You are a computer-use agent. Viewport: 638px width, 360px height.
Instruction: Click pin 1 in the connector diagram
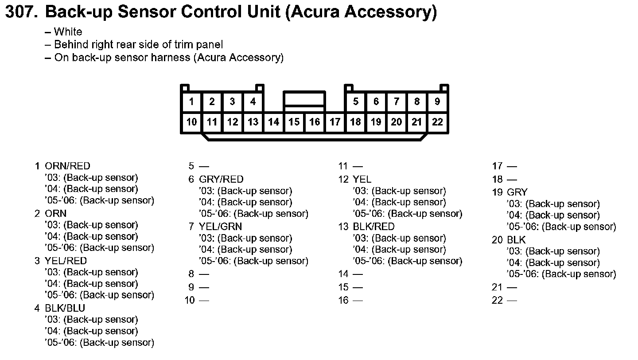191,102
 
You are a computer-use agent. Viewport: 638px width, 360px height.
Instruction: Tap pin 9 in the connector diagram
437,102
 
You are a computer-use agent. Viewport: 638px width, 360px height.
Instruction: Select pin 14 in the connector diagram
274,122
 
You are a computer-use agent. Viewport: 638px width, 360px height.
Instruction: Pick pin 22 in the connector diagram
437,122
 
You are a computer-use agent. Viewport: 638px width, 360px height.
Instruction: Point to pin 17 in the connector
335,122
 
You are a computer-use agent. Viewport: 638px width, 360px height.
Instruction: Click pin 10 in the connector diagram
191,122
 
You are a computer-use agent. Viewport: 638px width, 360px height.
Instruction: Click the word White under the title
68,32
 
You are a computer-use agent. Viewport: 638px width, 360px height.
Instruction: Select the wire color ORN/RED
67,166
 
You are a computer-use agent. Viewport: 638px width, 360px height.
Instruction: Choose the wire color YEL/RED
66,261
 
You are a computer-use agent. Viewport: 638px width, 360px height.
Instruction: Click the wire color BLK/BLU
65,308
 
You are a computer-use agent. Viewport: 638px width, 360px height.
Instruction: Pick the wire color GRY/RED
221,180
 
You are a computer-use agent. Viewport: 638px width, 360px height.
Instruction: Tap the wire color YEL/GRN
220,227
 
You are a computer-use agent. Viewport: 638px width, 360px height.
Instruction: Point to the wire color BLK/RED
373,227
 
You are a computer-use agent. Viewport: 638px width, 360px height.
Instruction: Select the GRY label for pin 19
517,192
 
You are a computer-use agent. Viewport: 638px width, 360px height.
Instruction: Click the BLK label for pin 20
516,240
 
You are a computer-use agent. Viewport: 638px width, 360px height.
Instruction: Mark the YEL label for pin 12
362,180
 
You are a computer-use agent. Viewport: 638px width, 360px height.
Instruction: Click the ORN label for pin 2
56,213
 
